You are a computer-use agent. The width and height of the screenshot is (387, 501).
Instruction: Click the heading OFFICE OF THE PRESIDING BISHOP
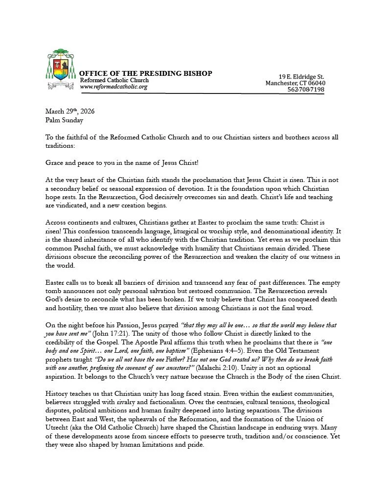pyautogui.click(x=146, y=73)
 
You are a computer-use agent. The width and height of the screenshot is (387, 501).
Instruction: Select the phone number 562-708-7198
pyautogui.click(x=306, y=90)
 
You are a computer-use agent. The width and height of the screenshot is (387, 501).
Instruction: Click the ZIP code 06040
pyautogui.click(x=316, y=83)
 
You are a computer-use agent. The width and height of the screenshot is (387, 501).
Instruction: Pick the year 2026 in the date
pyautogui.click(x=85, y=111)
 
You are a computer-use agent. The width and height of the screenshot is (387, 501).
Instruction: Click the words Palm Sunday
pyautogui.click(x=64, y=120)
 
